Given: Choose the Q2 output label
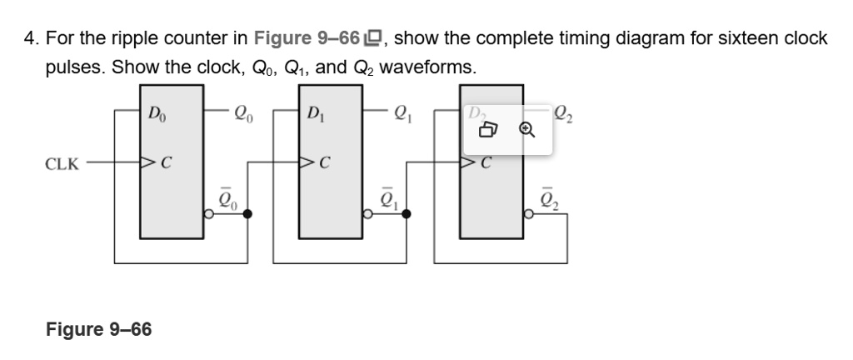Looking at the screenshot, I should pos(568,110).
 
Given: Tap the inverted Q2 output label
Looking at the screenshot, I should pos(547,199).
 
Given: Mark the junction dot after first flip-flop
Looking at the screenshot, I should pos(247,214).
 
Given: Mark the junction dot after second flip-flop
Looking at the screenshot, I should pos(407,214).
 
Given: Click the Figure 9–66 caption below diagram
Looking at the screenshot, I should pos(99,330).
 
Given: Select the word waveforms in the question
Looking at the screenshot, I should pos(432,67).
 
